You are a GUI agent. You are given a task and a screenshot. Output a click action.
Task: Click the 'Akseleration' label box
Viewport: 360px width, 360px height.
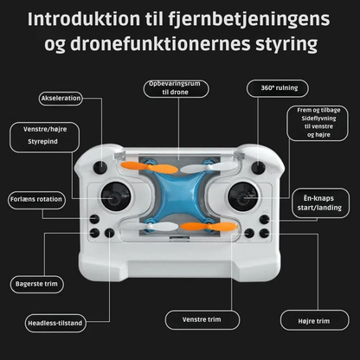(61, 98)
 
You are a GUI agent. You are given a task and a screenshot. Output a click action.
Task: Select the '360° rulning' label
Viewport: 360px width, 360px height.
(273, 87)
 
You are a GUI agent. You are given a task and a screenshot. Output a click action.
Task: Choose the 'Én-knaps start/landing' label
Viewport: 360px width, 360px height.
(315, 202)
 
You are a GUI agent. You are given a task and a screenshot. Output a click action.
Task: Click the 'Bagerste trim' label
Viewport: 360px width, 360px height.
(39, 283)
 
